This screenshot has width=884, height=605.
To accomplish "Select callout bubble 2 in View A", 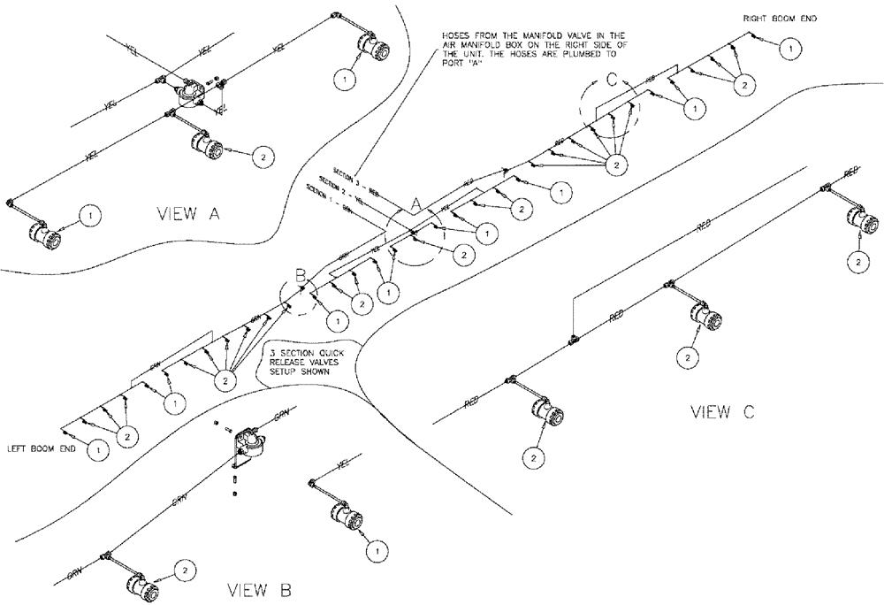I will click(x=263, y=156).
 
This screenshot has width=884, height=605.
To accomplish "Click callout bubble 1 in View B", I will click(x=377, y=550).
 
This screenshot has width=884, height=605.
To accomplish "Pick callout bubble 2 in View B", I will click(x=186, y=571).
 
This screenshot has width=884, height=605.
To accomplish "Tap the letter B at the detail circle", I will click(x=301, y=280).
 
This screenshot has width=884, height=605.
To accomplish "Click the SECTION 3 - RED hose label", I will click(x=354, y=171).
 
